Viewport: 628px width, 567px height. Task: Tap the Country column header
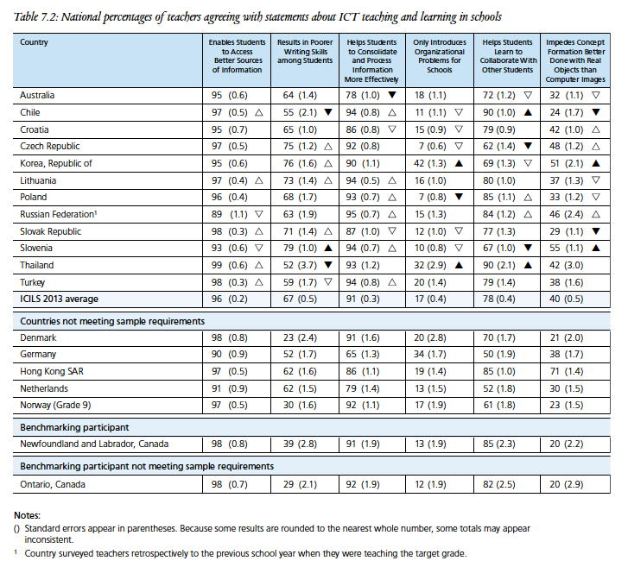click(34, 41)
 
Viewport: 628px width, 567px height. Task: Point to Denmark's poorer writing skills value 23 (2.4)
click(295, 337)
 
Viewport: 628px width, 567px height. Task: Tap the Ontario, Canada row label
click(54, 484)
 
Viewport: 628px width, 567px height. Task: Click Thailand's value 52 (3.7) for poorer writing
click(295, 265)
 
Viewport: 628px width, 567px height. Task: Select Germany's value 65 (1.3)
click(363, 354)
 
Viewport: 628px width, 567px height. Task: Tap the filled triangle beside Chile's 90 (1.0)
click(526, 113)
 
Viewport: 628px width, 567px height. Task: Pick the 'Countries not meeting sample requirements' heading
click(112, 321)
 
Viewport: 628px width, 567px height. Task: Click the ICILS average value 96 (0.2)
click(229, 299)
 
